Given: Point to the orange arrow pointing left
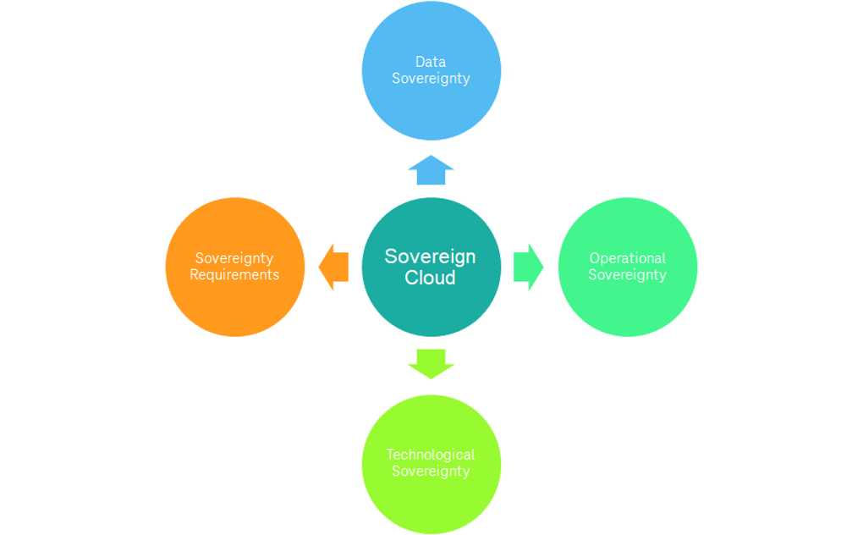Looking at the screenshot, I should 333,267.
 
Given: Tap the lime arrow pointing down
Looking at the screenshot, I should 431,363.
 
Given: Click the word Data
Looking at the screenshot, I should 431,62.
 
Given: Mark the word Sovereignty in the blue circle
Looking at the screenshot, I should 431,79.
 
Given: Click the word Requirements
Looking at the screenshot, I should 234,275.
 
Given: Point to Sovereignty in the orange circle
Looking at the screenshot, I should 234,258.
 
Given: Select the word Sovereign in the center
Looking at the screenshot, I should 430,256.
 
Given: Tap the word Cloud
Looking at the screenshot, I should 430,278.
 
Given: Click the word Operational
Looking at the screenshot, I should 628,258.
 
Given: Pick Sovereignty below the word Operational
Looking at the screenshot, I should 628,275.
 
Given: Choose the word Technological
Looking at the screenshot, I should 431,455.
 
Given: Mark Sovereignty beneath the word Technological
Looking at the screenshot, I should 431,472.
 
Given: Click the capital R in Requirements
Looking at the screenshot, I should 194,275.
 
